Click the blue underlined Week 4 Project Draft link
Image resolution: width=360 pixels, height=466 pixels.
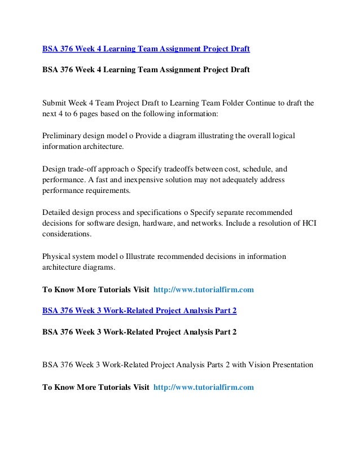[x=146, y=50]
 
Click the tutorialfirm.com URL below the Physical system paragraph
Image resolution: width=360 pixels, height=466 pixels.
[x=204, y=291]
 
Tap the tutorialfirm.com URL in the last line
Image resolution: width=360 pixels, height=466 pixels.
[x=204, y=388]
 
